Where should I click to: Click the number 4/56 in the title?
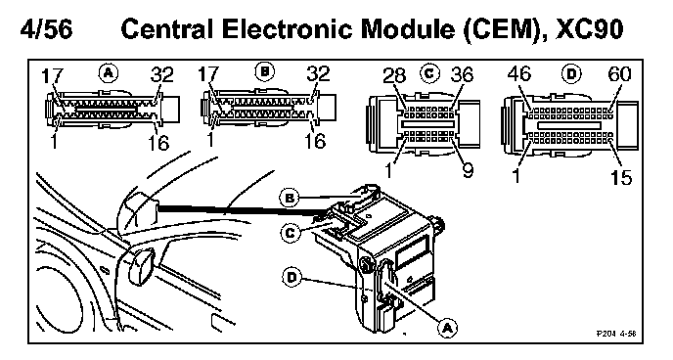tap(46, 29)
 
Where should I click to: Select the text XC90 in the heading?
tap(589, 29)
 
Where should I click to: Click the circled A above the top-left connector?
tap(109, 73)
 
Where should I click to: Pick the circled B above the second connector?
tap(264, 71)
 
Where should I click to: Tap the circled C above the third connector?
tap(429, 73)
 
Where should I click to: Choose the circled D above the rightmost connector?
tap(571, 73)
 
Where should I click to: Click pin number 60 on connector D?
tap(619, 74)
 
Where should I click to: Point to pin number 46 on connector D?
tap(518, 73)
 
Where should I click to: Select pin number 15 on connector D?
tap(620, 177)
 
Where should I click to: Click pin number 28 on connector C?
tap(394, 76)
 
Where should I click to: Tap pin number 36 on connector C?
tap(462, 74)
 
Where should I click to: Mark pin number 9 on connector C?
tap(468, 170)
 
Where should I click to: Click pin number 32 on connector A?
tap(161, 74)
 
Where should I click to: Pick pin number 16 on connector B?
tap(315, 141)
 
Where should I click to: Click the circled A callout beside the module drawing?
tap(447, 328)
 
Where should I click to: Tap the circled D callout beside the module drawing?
tap(292, 277)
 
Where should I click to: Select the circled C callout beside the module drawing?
tap(291, 233)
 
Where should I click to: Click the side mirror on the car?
tap(141, 266)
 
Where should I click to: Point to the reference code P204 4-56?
tap(616, 334)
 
